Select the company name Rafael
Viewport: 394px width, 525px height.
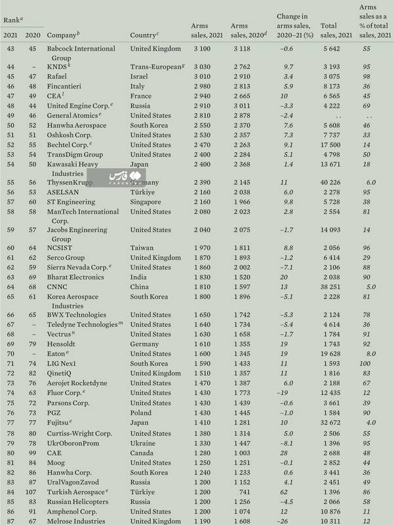point(58,75)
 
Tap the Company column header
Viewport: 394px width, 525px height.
point(63,33)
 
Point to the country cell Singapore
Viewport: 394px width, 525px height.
point(146,202)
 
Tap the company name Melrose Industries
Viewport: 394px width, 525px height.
point(77,521)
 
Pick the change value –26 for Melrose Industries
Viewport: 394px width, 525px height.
point(283,521)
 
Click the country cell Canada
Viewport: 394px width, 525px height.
point(141,452)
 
